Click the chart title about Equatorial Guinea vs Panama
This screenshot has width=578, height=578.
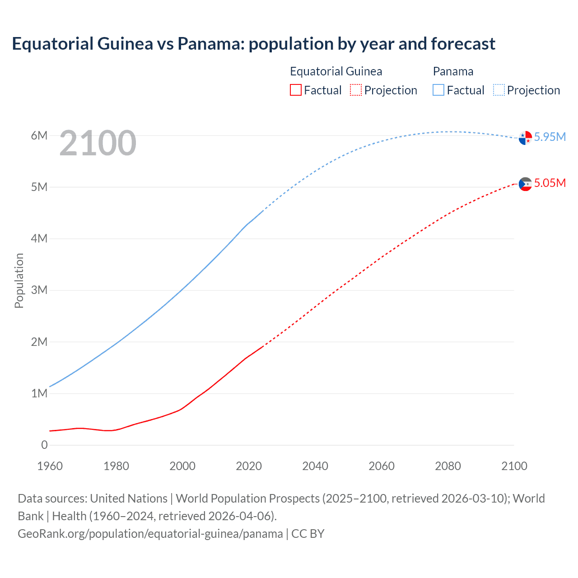[x=253, y=44]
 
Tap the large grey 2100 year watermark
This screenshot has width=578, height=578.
[x=98, y=143]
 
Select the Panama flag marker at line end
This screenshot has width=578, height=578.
[x=525, y=138]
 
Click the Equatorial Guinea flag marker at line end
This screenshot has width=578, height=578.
[x=525, y=184]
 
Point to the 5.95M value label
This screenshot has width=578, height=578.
[x=550, y=137]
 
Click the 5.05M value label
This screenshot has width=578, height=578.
[x=550, y=183]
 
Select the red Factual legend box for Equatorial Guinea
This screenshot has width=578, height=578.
[x=296, y=90]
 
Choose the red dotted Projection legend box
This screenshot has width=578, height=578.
[x=356, y=90]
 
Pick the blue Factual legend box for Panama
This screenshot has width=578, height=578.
[x=438, y=90]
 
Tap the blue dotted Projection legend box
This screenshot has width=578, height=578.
[x=499, y=90]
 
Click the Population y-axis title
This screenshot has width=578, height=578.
[x=19, y=280]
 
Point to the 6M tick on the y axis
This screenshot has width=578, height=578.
[x=39, y=135]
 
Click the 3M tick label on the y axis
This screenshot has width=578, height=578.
[x=39, y=290]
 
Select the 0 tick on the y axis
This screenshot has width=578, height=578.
[x=44, y=445]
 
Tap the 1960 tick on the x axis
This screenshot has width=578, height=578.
[x=50, y=466]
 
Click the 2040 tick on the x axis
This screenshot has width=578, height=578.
[x=315, y=466]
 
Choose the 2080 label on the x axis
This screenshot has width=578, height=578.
[x=448, y=466]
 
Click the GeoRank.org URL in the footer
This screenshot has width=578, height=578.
[x=150, y=534]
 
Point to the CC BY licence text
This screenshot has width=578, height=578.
[x=308, y=534]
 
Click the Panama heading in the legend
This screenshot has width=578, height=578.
[x=453, y=71]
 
